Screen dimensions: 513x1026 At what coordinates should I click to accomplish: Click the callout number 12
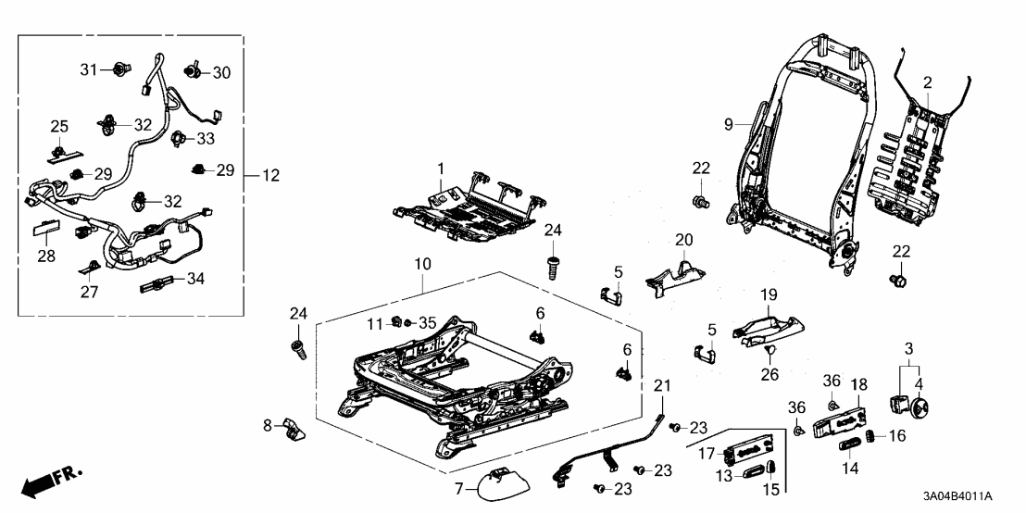(x=270, y=175)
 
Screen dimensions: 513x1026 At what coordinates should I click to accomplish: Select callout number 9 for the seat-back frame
(x=728, y=124)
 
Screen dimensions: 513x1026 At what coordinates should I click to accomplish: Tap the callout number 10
(x=422, y=264)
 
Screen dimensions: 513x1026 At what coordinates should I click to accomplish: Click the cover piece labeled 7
(x=498, y=481)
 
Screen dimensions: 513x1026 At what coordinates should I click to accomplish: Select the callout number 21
(x=661, y=386)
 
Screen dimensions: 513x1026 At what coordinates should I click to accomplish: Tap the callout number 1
(x=441, y=169)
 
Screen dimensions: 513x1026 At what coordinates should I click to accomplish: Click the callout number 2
(x=927, y=83)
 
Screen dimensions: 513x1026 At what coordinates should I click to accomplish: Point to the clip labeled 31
(x=119, y=69)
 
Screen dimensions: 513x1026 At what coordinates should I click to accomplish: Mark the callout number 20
(x=683, y=239)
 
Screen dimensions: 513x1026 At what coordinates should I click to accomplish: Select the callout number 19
(x=768, y=295)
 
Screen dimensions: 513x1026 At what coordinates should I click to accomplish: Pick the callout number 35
(x=427, y=323)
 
